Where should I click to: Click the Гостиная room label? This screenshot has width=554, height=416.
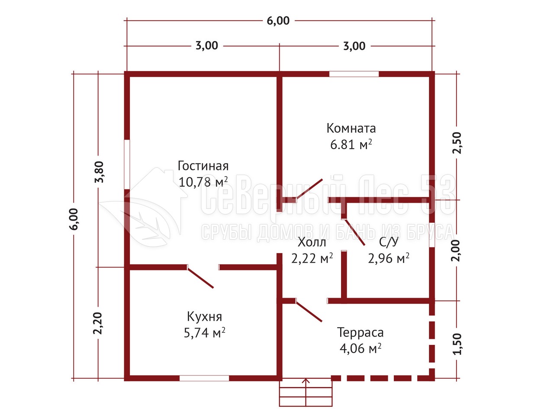(x=203, y=166)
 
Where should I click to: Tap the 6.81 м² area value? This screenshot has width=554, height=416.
(x=351, y=145)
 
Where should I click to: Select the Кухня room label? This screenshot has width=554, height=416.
(x=204, y=317)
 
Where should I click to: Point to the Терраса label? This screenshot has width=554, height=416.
(x=360, y=332)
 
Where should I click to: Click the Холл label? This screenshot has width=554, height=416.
(x=312, y=242)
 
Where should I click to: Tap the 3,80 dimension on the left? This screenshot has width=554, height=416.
(x=99, y=172)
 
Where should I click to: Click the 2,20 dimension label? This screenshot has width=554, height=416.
(x=98, y=324)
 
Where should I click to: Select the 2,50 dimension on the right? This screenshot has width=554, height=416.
(x=457, y=143)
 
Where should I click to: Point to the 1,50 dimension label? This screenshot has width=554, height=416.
(x=457, y=344)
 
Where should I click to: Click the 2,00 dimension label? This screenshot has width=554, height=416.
(x=456, y=250)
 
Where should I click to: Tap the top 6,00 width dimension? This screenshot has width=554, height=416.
(x=278, y=21)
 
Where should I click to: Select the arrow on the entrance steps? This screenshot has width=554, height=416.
(x=306, y=392)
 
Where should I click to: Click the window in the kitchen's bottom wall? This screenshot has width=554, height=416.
(x=204, y=378)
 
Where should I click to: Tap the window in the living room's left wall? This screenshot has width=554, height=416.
(x=127, y=164)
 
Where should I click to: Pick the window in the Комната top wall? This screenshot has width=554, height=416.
(x=354, y=74)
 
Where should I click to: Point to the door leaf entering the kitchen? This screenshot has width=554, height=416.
(x=200, y=277)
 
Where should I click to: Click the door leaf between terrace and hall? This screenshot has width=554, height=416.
(x=309, y=311)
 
